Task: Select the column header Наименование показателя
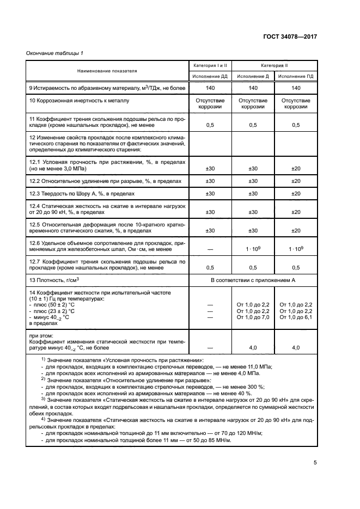click(x=107, y=71)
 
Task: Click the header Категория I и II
click(x=210, y=65)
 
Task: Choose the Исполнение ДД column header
click(x=210, y=77)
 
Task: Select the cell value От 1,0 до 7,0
click(x=253, y=317)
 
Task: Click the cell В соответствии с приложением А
click(x=252, y=280)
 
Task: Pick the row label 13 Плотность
click(x=53, y=280)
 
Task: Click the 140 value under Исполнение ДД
click(x=210, y=88)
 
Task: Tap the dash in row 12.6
click(x=210, y=249)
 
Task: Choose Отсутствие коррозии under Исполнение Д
click(x=253, y=104)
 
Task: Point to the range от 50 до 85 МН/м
click(x=201, y=440)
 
